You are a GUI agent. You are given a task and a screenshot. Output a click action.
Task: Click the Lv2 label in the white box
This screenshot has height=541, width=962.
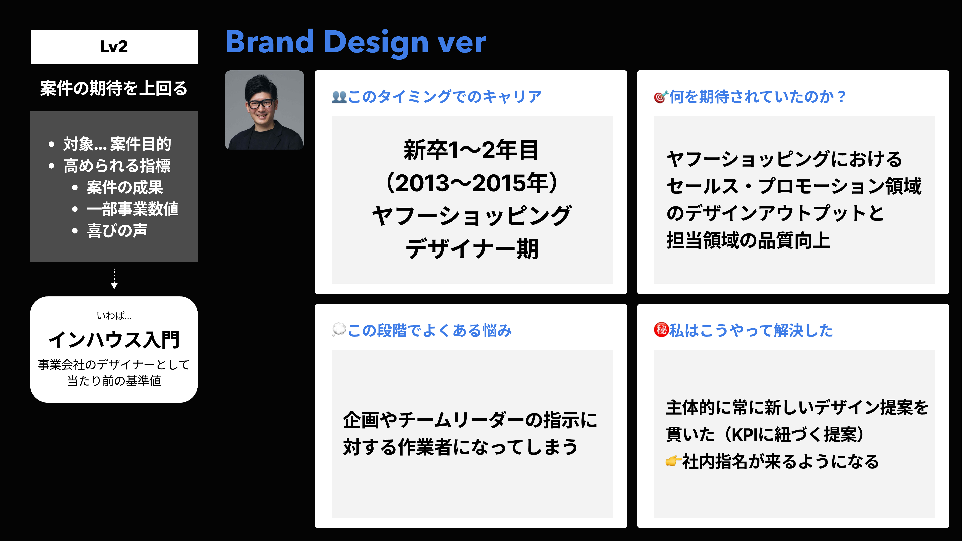pos(114,47)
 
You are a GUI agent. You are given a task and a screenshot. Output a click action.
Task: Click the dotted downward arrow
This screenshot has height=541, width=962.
pos(114,279)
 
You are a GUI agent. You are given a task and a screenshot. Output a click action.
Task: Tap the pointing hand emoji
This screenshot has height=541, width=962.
pos(673,461)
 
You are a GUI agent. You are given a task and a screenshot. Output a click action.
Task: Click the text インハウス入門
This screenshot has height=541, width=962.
pos(114,340)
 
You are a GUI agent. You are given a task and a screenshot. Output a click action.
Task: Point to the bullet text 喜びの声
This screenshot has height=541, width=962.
pos(117,230)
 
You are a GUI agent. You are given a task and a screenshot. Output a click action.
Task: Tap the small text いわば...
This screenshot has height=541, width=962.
pos(114,316)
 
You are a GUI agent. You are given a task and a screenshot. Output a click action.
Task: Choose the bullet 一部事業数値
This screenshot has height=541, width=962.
pos(133,209)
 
